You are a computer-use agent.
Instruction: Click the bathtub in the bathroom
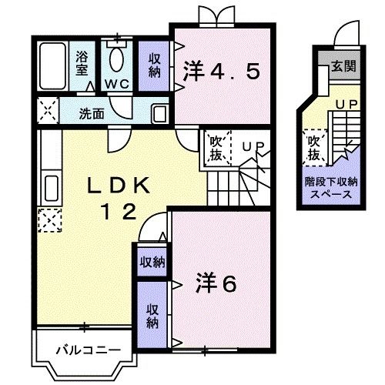click(52, 65)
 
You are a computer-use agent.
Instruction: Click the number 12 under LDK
click(119, 209)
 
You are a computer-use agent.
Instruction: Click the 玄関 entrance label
click(343, 67)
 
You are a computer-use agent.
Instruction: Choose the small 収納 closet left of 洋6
click(152, 262)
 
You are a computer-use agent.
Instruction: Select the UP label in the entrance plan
click(344, 103)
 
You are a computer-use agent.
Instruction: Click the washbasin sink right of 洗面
click(160, 113)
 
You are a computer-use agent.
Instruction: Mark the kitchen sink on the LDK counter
click(50, 187)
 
